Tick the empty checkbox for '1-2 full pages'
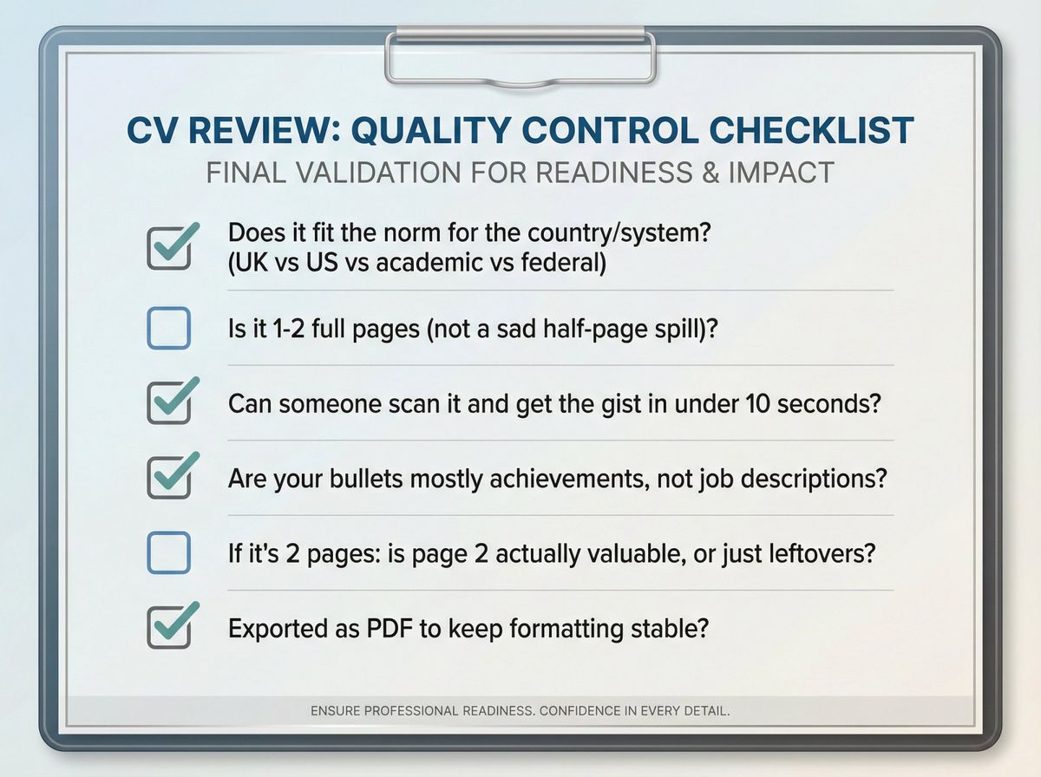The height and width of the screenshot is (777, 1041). click(x=168, y=330)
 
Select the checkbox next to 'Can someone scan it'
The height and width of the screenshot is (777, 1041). click(x=168, y=404)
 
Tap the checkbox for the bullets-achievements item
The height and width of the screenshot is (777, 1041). click(x=168, y=479)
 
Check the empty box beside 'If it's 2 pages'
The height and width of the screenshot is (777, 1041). click(x=168, y=553)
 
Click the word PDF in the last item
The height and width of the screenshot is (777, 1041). click(x=387, y=628)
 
